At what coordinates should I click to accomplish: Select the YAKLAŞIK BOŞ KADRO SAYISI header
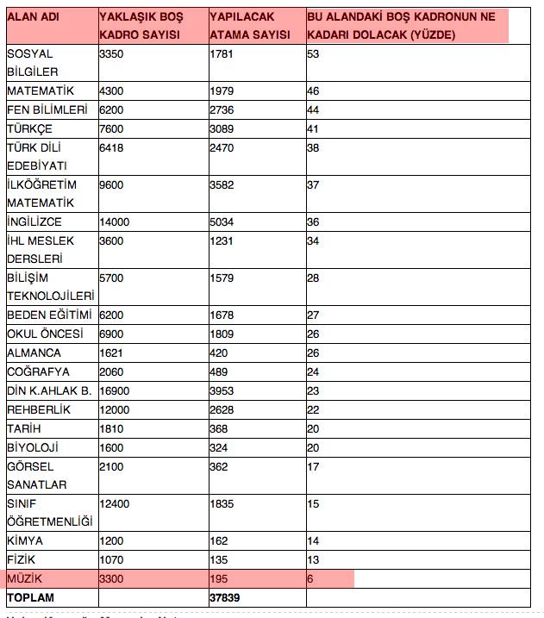141,26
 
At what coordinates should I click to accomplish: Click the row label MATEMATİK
41,91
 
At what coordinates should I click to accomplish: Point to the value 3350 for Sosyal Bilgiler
114,53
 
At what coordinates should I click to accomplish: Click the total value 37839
225,597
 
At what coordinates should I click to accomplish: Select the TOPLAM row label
31,597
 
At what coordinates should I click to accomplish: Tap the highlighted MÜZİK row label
25,578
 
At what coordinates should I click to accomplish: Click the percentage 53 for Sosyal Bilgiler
314,53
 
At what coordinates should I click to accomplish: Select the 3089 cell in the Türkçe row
222,128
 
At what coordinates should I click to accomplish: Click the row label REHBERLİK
39,409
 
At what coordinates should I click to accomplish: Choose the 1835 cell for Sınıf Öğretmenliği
222,503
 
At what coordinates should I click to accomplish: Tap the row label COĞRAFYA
37,371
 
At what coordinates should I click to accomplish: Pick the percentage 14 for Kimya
313,540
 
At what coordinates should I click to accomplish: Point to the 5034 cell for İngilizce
222,222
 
